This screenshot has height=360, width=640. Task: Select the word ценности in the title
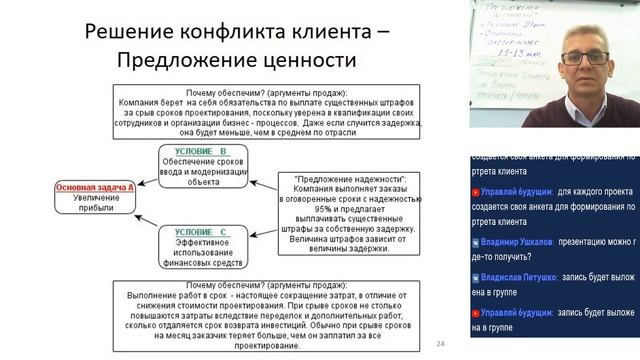pos(306,61)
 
